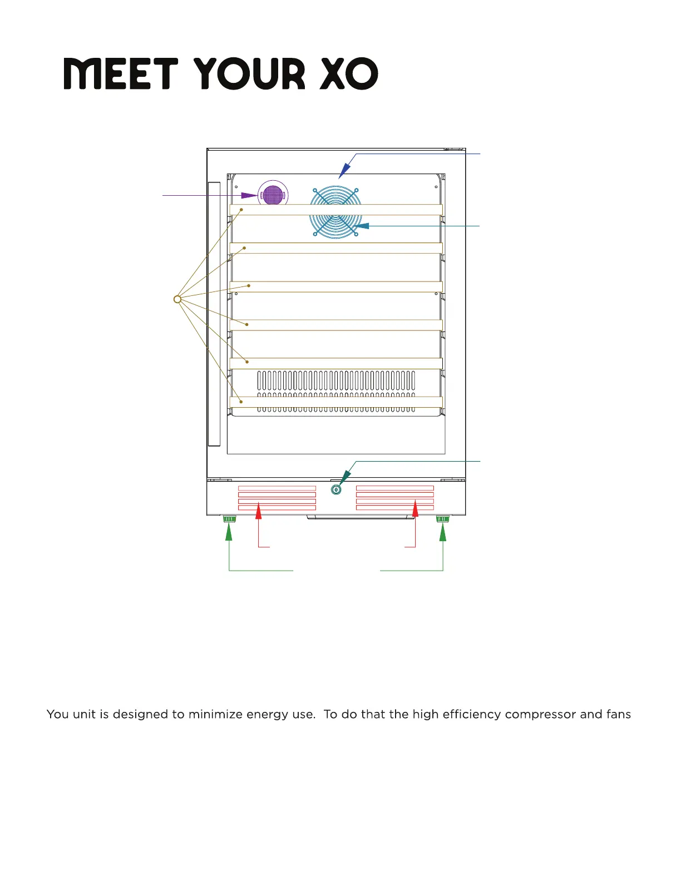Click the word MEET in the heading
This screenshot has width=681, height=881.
click(x=120, y=74)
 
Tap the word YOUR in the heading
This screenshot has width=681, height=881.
click(x=250, y=74)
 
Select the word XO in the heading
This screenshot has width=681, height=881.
click(x=349, y=74)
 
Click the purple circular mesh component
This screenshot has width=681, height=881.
click(x=273, y=195)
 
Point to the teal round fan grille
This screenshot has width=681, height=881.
click(x=336, y=213)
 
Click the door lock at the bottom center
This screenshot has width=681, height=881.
click(x=336, y=489)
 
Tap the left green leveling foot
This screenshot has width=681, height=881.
click(x=229, y=519)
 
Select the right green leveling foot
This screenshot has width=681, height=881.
click(x=443, y=519)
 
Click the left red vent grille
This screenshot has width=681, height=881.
click(x=277, y=498)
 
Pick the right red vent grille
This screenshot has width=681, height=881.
click(x=395, y=498)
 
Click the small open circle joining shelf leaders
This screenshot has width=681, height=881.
click(x=177, y=299)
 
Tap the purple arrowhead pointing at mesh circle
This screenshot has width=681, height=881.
click(x=249, y=195)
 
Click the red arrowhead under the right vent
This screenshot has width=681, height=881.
click(x=416, y=509)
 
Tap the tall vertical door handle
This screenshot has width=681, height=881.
click(x=214, y=314)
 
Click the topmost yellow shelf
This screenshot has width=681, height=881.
click(x=336, y=210)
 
